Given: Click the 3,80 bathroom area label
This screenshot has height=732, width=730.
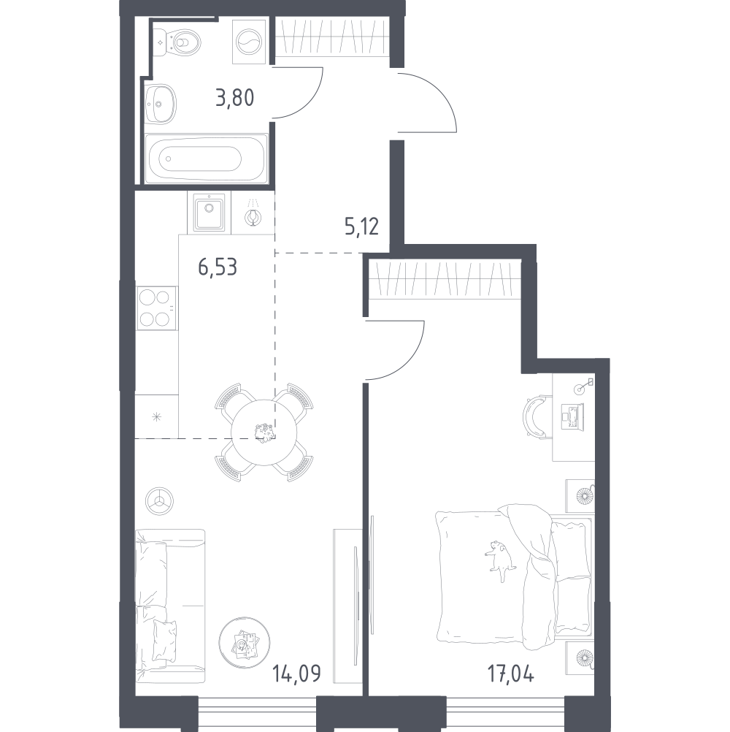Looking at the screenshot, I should click(234, 97).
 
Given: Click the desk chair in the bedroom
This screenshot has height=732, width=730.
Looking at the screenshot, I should click(537, 416).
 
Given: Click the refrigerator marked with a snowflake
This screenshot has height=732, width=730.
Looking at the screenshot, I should click(156, 417).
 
